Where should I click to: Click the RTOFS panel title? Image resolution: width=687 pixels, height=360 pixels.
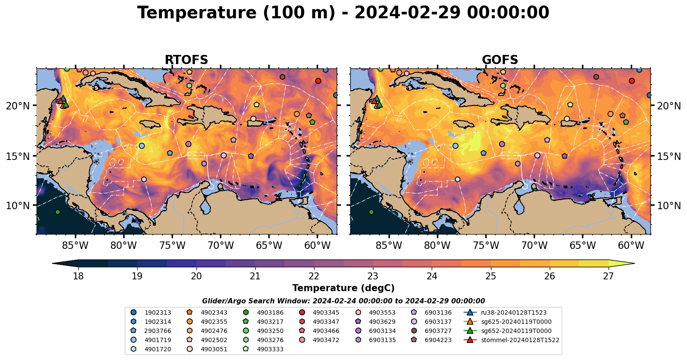(186, 60)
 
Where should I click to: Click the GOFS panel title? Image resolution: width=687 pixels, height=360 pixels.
(500, 60)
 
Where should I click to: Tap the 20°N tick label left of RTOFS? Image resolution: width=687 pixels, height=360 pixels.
(18, 106)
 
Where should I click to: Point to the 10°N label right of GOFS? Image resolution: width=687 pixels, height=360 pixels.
(669, 206)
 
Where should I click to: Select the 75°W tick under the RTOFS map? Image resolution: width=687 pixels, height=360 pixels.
(172, 246)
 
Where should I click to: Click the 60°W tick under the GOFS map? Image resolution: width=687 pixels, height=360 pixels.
(631, 246)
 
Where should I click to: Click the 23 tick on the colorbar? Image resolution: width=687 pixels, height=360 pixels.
(372, 276)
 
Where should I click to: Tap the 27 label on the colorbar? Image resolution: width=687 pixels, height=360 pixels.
(608, 276)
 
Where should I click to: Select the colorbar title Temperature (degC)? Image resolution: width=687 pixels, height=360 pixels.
(343, 288)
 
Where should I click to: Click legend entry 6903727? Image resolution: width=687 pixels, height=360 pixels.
(438, 331)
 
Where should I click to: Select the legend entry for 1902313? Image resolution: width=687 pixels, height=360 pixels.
(157, 312)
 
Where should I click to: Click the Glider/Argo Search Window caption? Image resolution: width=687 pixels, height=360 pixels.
(343, 301)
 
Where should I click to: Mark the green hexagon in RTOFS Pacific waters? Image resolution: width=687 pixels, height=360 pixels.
(58, 212)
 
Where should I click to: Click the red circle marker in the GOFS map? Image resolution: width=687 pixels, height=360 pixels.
(632, 81)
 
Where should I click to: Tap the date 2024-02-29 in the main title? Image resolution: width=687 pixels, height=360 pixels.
(407, 13)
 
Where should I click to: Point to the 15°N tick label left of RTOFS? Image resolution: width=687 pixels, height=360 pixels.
(18, 156)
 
